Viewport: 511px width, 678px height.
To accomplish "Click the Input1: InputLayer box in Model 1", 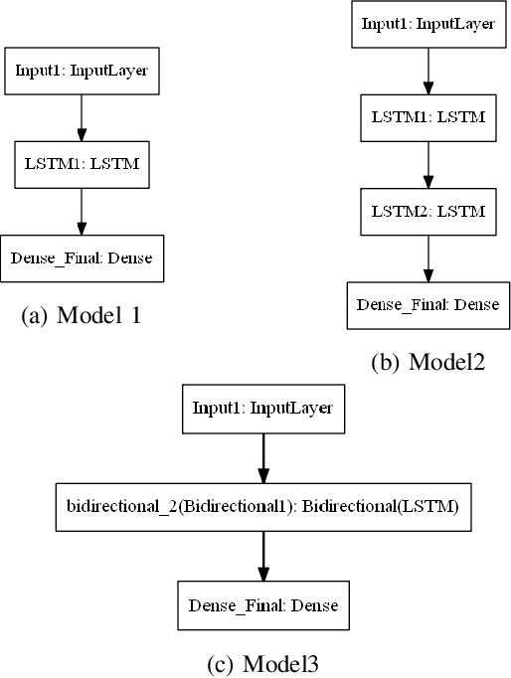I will (x=82, y=72).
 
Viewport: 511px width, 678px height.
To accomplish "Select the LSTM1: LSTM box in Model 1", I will (x=82, y=165).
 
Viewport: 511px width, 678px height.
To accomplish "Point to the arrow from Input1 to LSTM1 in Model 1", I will (x=82, y=119).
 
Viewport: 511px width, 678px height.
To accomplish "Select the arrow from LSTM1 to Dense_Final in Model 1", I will (x=82, y=213).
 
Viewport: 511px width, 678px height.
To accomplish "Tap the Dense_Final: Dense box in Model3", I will (x=261, y=604).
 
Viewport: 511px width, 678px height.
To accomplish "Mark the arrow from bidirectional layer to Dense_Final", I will (x=261, y=558).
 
